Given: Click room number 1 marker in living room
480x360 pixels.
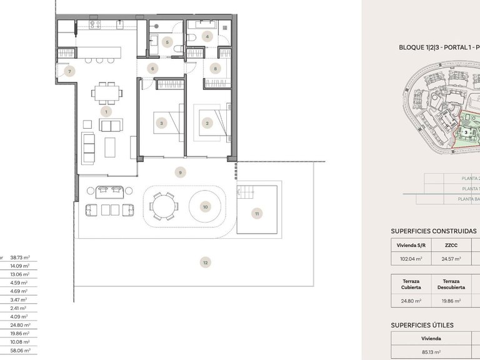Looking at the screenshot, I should pyautogui.click(x=107, y=112).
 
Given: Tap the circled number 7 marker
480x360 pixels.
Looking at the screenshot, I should pyautogui.click(x=70, y=71).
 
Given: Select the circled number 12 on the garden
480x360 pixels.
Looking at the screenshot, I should pyautogui.click(x=205, y=262).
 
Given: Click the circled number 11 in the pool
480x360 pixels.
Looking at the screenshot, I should pyautogui.click(x=257, y=214).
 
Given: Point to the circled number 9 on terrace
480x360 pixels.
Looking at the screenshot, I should pyautogui.click(x=180, y=172).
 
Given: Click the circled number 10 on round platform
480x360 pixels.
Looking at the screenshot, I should pyautogui.click(x=205, y=206).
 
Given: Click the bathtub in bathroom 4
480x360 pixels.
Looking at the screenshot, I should pyautogui.click(x=206, y=25).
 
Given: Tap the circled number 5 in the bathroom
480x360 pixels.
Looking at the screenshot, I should pyautogui.click(x=166, y=42).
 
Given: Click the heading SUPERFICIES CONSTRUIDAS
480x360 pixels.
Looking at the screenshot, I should pyautogui.click(x=433, y=231).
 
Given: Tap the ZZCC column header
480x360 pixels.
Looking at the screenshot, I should pyautogui.click(x=451, y=245).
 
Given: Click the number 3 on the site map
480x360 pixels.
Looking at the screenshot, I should pyautogui.click(x=466, y=132).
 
